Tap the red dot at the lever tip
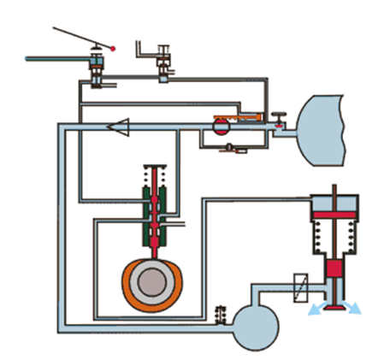(111, 49)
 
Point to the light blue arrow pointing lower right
(352, 307)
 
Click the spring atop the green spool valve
(155, 176)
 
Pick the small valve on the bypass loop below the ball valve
(232, 149)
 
